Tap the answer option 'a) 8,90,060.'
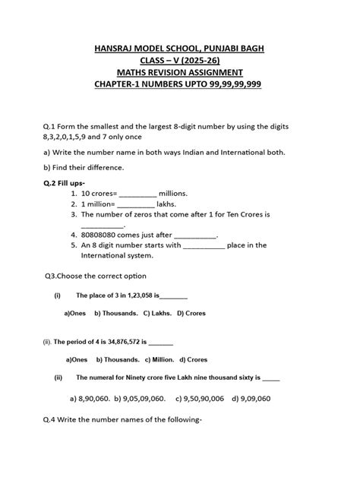click(x=90, y=397)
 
